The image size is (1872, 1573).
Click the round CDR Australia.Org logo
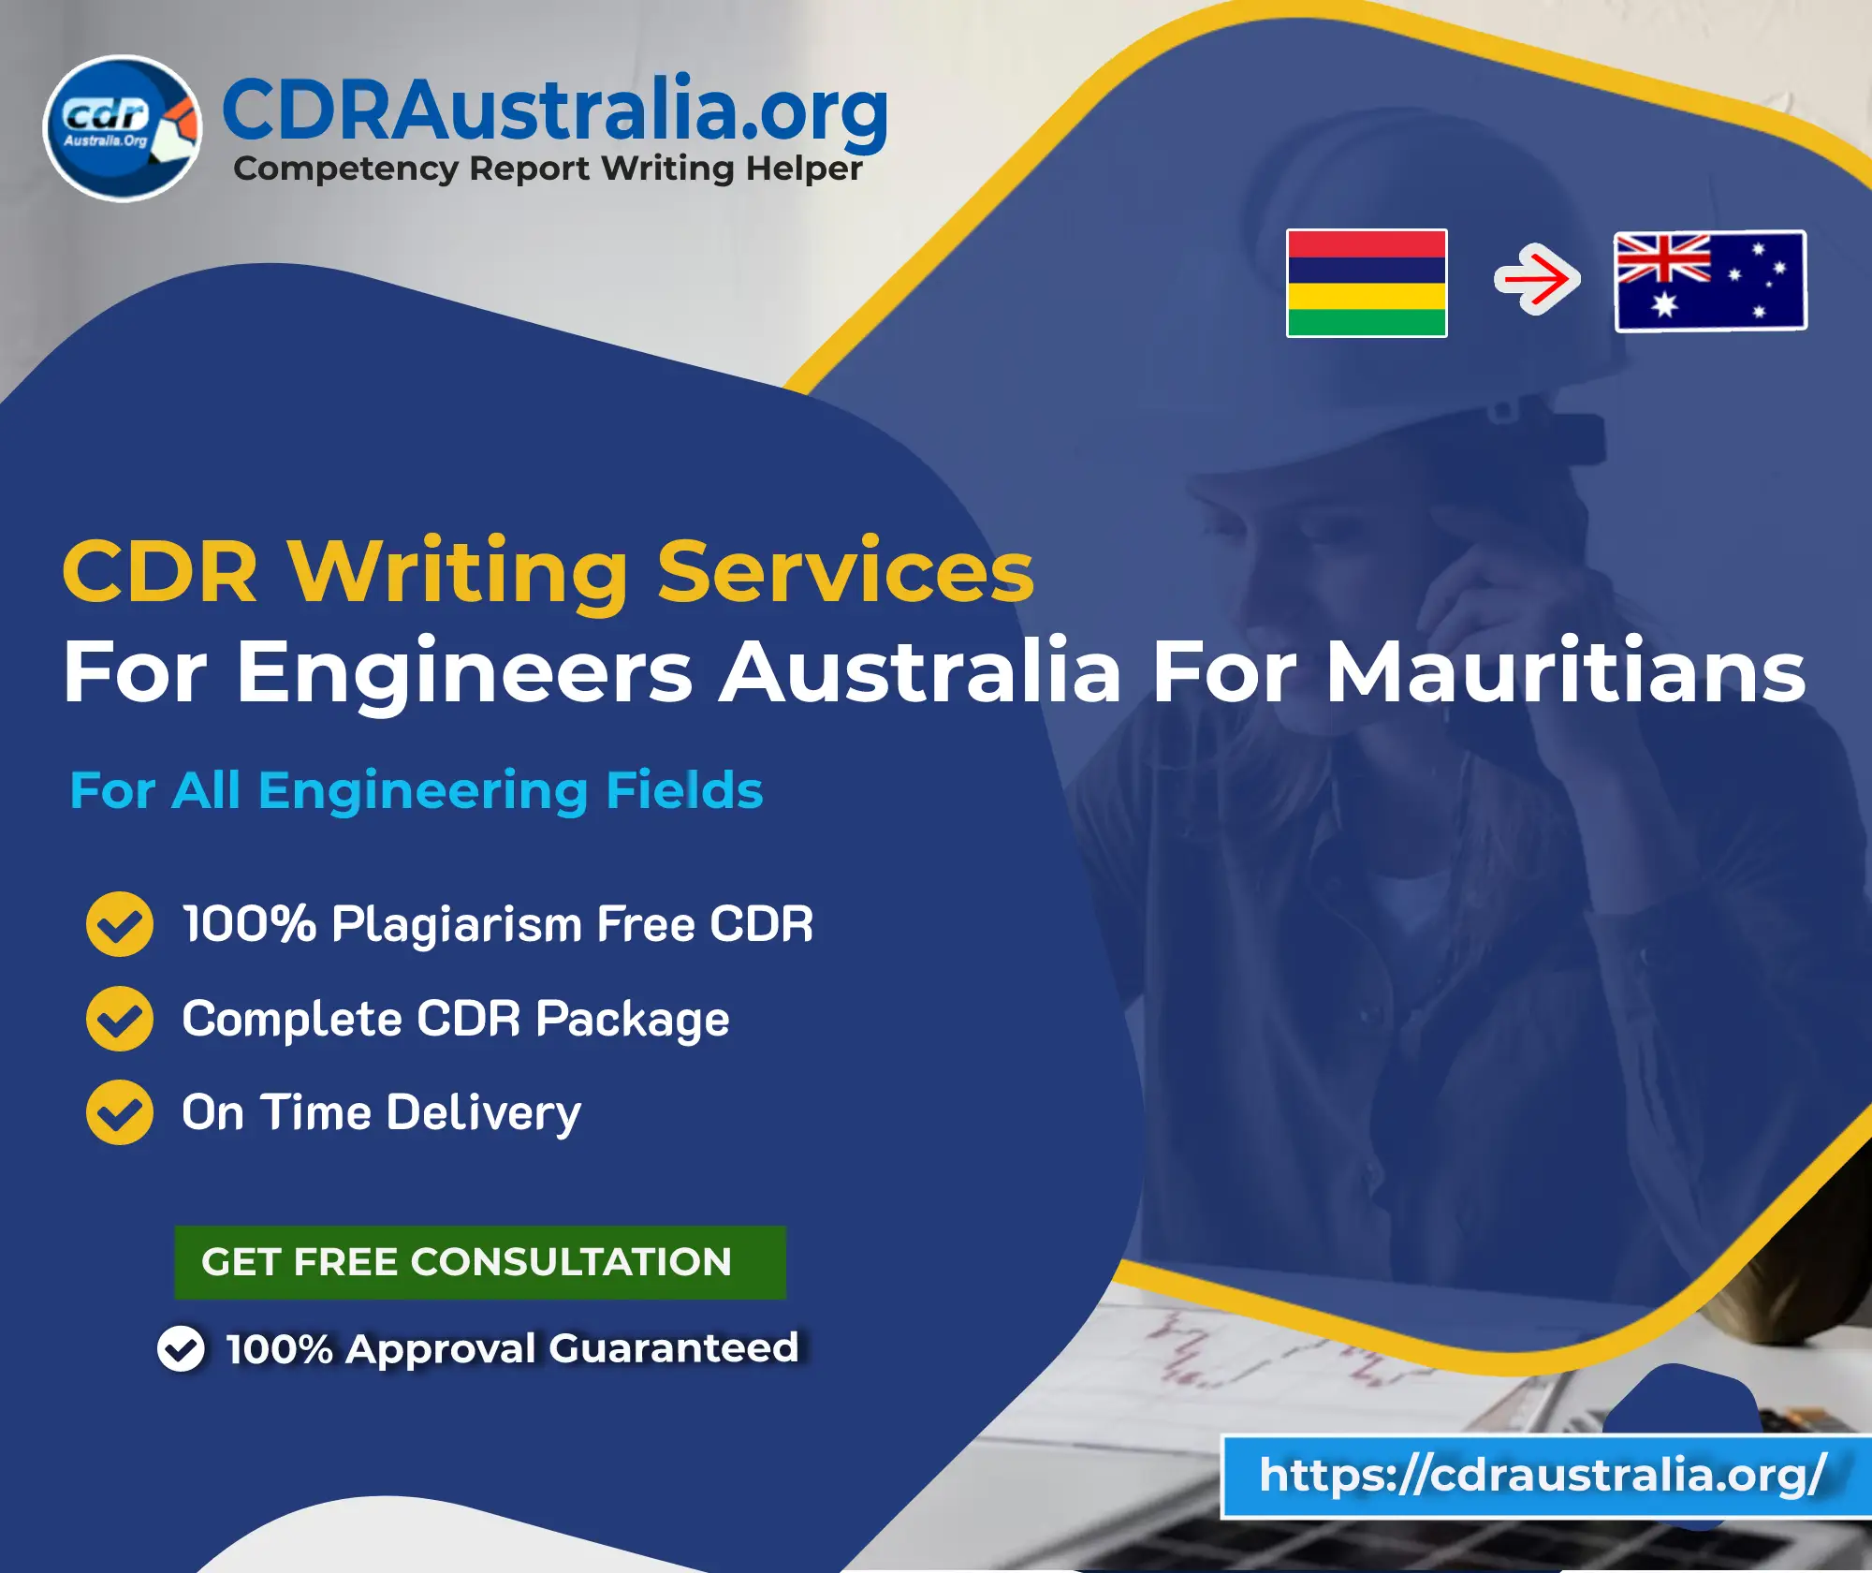[x=123, y=128]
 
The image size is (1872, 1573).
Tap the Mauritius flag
[x=1367, y=283]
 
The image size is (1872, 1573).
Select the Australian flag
[x=1711, y=281]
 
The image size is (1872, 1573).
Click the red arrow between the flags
[x=1537, y=279]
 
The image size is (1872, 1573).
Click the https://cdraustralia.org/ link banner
[x=1544, y=1476]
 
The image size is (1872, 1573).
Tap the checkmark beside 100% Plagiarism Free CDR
[x=120, y=924]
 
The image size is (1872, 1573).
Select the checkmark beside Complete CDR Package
[x=120, y=1019]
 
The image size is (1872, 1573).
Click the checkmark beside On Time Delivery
[x=120, y=1112]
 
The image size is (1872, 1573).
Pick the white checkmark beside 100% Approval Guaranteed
[x=181, y=1349]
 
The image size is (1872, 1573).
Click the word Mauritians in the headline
[x=1566, y=671]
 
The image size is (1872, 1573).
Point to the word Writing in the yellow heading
[x=458, y=573]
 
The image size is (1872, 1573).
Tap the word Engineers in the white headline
[x=464, y=671]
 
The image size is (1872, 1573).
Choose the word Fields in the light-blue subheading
[x=684, y=790]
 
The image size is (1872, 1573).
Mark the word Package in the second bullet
[x=633, y=1020]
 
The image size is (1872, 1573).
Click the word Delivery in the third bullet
[x=484, y=1113]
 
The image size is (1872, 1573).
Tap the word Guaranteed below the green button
[x=674, y=1348]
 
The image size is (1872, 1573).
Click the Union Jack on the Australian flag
[x=1663, y=257]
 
